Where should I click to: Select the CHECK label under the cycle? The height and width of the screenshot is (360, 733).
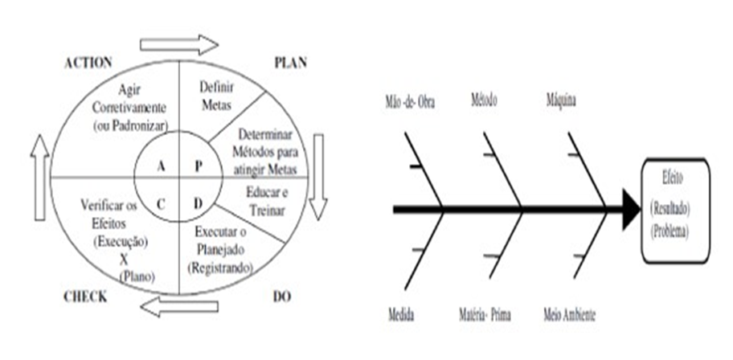85,297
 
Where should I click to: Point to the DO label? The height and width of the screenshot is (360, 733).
281,297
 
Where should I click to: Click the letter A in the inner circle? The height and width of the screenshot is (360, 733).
161,166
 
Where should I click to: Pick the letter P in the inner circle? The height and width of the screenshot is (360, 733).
201,166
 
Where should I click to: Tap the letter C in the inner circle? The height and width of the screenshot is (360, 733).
161,202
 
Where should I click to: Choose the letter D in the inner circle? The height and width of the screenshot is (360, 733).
198,202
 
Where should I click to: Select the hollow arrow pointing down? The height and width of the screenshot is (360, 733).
317,176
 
